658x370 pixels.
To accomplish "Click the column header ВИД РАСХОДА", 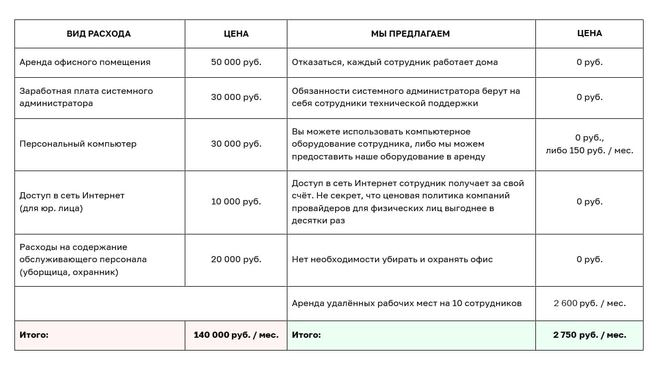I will [x=99, y=34].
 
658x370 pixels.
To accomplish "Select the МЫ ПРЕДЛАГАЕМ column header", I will [x=411, y=34].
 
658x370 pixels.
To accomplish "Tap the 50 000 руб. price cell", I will [x=236, y=62].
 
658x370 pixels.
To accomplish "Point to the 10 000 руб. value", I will [x=236, y=202].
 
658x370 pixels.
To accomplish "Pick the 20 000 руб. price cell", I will [x=236, y=259].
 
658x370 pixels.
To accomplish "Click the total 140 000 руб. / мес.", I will [x=236, y=335].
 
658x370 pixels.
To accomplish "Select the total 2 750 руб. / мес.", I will [x=589, y=335].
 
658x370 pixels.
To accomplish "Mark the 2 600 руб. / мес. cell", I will [x=589, y=303].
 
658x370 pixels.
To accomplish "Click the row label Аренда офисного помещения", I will [x=85, y=62].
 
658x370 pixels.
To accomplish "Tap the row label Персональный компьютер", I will [x=78, y=144].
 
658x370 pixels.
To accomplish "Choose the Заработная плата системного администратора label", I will [x=86, y=97].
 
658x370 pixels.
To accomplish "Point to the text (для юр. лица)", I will [x=51, y=208].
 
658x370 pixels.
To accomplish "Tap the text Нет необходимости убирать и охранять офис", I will [x=392, y=259].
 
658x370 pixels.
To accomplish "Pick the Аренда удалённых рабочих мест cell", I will [x=407, y=303].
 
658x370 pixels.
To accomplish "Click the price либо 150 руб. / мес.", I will [x=589, y=151].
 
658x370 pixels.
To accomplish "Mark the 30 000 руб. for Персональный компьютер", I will [x=236, y=144].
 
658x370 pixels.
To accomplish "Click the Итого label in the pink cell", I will [x=34, y=335].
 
